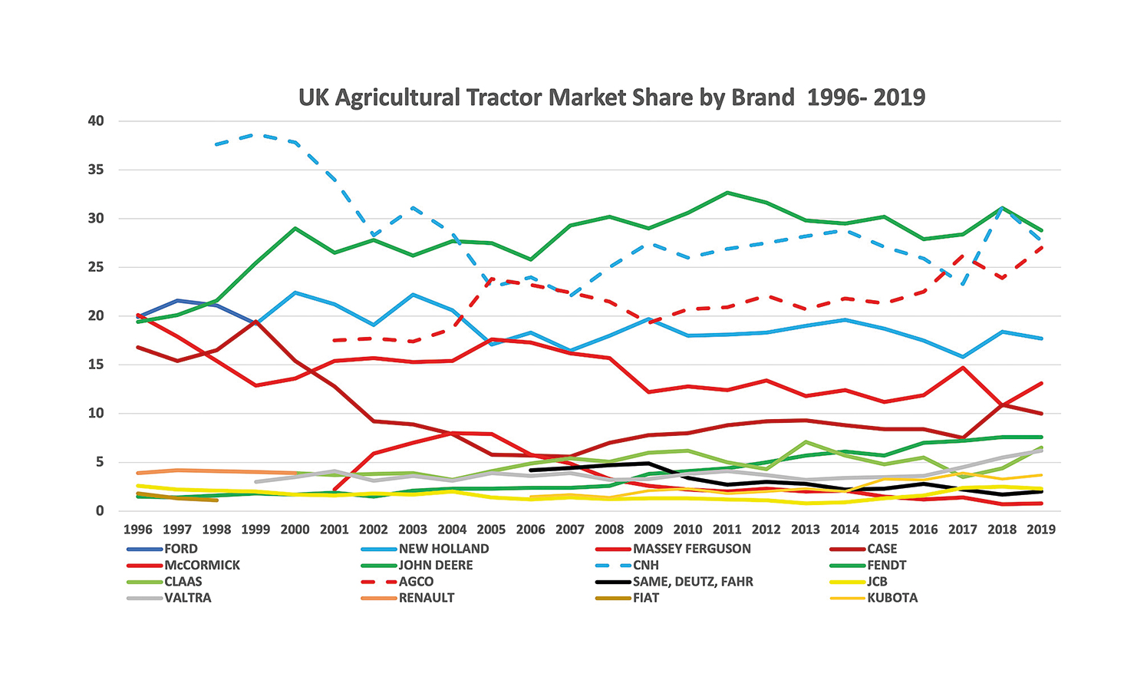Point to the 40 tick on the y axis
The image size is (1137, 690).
(x=96, y=121)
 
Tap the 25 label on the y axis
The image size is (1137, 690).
(x=96, y=267)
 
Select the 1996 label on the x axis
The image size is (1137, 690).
(x=137, y=530)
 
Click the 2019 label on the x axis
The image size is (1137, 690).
(x=1041, y=530)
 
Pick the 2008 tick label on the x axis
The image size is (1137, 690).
(x=609, y=530)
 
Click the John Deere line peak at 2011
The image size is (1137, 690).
(x=727, y=193)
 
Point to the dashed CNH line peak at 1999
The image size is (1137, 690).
(x=255, y=134)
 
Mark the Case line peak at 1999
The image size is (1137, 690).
(x=256, y=322)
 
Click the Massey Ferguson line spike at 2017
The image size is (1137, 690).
(x=962, y=368)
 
